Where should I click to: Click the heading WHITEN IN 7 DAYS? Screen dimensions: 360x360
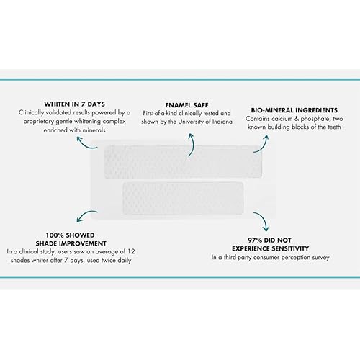click(x=75, y=104)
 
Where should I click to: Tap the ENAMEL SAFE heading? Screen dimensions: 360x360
click(x=186, y=105)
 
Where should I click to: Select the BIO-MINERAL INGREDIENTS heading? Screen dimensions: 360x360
click(x=294, y=110)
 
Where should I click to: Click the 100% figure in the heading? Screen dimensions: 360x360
click(x=55, y=235)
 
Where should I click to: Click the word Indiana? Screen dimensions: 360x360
click(x=222, y=122)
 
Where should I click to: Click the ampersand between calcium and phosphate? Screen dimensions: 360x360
click(x=297, y=119)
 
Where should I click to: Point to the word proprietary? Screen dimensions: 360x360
click(x=39, y=122)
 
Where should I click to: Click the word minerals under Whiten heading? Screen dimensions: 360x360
click(x=94, y=130)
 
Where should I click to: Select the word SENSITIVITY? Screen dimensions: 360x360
click(x=288, y=248)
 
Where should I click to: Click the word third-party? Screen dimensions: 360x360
click(x=238, y=258)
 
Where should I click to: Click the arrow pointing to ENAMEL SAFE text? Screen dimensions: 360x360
click(x=192, y=144)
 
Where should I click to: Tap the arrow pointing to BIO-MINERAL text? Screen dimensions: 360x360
click(x=264, y=145)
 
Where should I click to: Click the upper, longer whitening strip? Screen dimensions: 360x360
click(x=183, y=161)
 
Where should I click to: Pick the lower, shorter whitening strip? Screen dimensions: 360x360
click(x=183, y=198)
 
